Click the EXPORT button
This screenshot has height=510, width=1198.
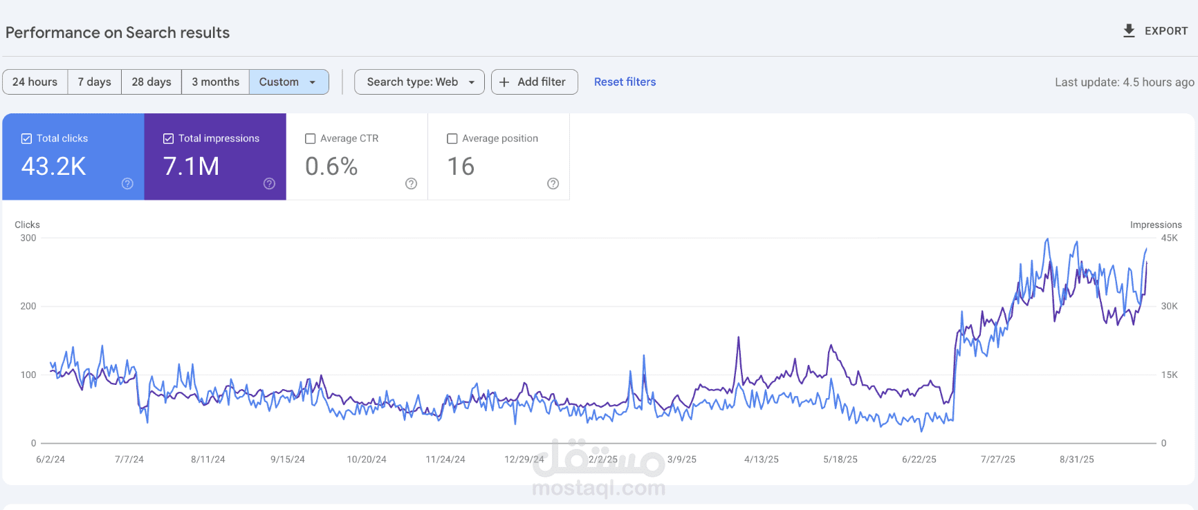click(1154, 31)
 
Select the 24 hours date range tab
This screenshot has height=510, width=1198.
click(35, 82)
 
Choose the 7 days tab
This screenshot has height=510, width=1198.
click(95, 82)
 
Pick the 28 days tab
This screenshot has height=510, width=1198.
click(151, 82)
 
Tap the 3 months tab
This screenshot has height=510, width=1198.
click(216, 82)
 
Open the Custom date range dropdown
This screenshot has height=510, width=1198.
click(288, 82)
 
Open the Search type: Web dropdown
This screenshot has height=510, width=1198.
click(419, 82)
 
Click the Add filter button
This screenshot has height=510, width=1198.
click(534, 82)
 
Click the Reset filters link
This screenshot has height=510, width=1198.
click(625, 82)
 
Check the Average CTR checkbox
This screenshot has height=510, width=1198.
click(311, 139)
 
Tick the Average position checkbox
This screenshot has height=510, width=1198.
click(452, 139)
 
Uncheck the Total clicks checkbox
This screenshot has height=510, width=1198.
click(26, 139)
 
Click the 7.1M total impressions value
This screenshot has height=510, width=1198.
click(192, 167)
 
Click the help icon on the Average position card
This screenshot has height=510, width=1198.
click(553, 183)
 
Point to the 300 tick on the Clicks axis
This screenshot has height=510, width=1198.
click(28, 238)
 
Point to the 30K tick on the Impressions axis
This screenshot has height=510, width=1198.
click(1169, 306)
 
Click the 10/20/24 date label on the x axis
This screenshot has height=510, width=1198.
click(367, 460)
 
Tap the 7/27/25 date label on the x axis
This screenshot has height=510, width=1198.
click(998, 460)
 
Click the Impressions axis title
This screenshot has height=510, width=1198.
click(1156, 225)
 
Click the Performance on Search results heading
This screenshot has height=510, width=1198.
click(118, 32)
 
